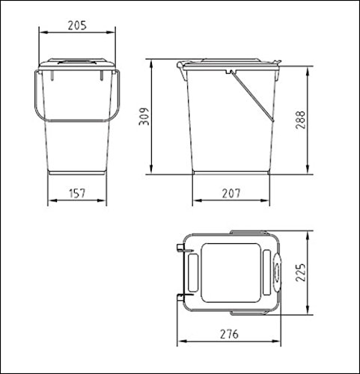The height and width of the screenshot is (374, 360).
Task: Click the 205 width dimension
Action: [77, 25]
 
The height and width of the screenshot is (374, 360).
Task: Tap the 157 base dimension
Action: [77, 194]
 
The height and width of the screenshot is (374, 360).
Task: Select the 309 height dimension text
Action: [144, 117]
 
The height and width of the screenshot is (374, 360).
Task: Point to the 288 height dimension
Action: [300, 120]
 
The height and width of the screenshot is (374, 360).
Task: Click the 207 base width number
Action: [231, 193]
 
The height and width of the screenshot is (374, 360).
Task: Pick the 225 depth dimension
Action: [300, 272]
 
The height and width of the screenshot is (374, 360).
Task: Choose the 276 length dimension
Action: [229, 334]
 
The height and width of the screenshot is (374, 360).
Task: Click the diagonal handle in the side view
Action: [251, 96]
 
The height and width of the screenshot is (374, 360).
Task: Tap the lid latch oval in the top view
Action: [277, 272]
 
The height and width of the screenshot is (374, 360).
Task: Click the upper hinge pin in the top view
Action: [184, 248]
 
